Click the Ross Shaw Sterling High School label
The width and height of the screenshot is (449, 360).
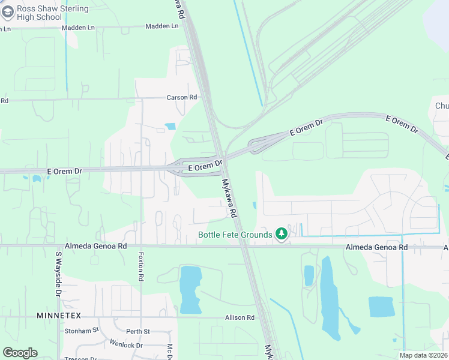pos(45,13)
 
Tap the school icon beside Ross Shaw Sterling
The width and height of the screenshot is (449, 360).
pos(7,13)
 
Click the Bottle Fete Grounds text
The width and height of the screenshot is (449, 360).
pos(235,235)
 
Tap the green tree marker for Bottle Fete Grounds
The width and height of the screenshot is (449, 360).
pos(281,234)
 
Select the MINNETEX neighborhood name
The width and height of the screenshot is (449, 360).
pos(58,316)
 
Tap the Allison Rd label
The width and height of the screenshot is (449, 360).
pos(240,317)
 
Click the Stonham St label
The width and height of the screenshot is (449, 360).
pos(82,331)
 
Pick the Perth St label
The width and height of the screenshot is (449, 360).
pos(137,331)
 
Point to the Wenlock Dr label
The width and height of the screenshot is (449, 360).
pos(126,345)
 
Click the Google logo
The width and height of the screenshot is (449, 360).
pos(20,353)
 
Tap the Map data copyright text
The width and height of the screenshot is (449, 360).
pos(424,355)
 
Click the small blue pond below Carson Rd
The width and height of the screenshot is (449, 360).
pos(170,127)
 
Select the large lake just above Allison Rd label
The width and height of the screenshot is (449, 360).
pos(191,289)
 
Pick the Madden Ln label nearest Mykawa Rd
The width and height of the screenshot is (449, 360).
pos(162,26)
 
